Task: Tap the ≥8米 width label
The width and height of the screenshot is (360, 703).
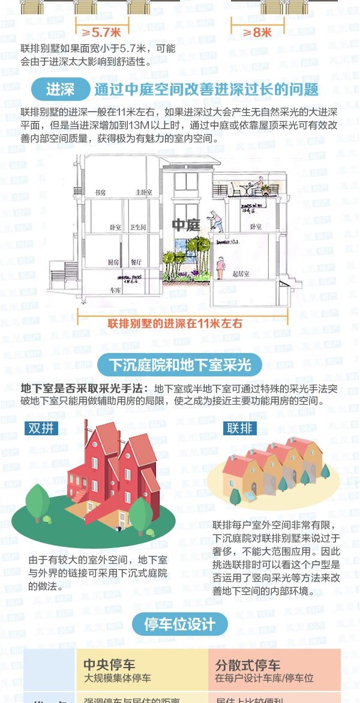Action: pyautogui.click(x=257, y=32)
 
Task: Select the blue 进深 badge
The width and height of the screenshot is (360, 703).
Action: pyautogui.click(x=60, y=90)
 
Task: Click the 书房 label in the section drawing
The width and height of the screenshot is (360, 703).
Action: pyautogui.click(x=100, y=193)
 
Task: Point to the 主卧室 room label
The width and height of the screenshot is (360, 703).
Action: pyautogui.click(x=143, y=193)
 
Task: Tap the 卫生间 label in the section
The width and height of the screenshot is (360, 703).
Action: pyautogui.click(x=139, y=228)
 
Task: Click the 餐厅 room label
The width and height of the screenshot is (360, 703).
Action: pyautogui.click(x=137, y=262)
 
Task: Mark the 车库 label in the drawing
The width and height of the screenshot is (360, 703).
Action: pyautogui.click(x=116, y=289)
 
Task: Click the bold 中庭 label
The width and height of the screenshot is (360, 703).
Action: pyautogui.click(x=185, y=226)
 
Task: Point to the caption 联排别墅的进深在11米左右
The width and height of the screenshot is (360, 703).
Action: pyautogui.click(x=175, y=324)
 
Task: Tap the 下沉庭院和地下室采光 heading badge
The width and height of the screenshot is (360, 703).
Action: pyautogui.click(x=179, y=364)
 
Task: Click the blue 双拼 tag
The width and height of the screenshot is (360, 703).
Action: pyautogui.click(x=42, y=428)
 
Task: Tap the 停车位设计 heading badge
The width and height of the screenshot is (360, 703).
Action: pyautogui.click(x=179, y=624)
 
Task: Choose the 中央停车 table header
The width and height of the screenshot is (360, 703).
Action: pyautogui.click(x=109, y=665)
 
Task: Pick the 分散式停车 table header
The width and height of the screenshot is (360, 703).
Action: pyautogui.click(x=248, y=665)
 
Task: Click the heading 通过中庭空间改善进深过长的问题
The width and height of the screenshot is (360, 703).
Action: pyautogui.click(x=206, y=90)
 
